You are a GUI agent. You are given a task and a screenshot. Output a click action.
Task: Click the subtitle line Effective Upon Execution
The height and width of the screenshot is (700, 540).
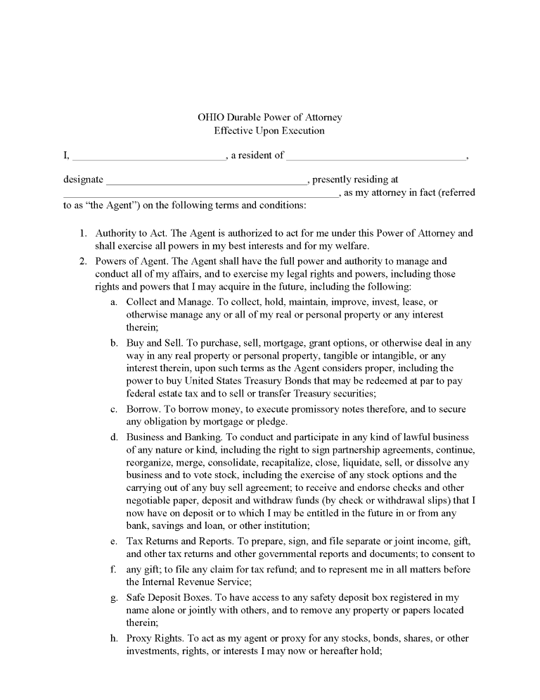coord(269,130)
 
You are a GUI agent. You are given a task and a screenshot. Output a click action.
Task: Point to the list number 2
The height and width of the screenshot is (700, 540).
coord(82,261)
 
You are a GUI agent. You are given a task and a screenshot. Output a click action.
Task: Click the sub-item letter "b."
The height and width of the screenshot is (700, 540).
coord(113,343)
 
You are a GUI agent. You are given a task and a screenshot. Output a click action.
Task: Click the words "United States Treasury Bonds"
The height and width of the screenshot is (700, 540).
coord(238,381)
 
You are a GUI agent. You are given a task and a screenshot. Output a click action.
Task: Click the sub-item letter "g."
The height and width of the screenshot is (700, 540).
coord(113,597)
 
